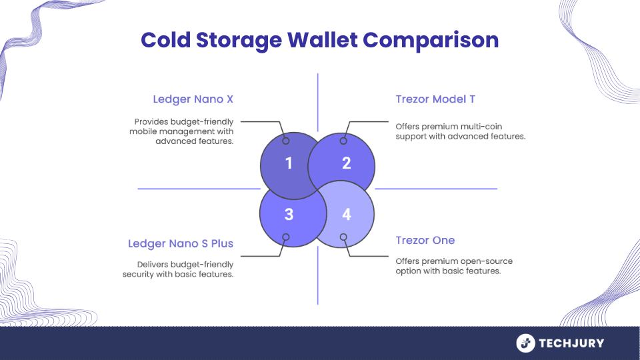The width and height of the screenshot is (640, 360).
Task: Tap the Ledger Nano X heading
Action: click(193, 100)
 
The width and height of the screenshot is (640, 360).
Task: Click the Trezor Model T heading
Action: click(435, 100)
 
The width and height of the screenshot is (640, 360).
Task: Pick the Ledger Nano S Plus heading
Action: click(181, 244)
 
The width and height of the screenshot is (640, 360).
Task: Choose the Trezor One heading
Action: click(425, 240)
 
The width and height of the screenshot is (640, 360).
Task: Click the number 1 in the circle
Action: click(289, 163)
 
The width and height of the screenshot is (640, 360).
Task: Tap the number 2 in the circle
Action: click(347, 163)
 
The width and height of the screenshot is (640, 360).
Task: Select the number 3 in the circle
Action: click(289, 214)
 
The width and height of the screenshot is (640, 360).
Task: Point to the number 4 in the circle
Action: click(347, 214)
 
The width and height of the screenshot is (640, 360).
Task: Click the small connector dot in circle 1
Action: click(286, 141)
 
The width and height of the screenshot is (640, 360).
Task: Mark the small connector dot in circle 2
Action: click(344, 141)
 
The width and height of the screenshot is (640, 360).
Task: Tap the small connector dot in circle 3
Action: click(286, 237)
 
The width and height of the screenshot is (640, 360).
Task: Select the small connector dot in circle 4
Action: click(344, 237)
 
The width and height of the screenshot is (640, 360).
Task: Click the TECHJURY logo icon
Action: click(526, 343)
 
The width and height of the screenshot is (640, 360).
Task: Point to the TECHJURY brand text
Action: click(571, 343)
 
